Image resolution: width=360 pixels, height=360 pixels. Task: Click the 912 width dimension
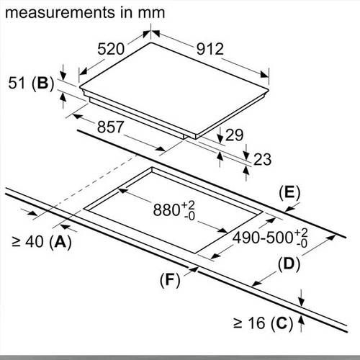[210, 49]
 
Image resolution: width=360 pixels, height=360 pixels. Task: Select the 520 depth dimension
[111, 49]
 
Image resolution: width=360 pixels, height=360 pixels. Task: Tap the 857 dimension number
[110, 127]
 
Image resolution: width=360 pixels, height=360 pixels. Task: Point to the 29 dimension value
[235, 135]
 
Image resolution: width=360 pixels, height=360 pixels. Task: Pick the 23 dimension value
[262, 159]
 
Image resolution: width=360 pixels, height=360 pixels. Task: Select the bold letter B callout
[42, 84]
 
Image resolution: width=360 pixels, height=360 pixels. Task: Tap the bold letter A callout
[60, 241]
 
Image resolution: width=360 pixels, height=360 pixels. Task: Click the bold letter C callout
[282, 323]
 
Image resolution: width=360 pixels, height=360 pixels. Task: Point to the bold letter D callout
[289, 264]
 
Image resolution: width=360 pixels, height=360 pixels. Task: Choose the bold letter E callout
[289, 193]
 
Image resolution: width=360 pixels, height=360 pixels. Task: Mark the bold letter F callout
[170, 280]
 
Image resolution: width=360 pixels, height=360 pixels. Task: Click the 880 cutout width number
[166, 210]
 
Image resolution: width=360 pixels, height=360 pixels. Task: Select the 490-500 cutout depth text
[263, 238]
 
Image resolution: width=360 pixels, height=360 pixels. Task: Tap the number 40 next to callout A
[35, 242]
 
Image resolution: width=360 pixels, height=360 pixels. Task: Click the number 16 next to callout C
[256, 323]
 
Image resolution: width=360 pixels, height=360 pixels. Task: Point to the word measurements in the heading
[60, 13]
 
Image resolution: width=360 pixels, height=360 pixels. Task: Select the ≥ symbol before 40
[17, 243]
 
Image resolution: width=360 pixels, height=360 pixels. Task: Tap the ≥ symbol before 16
[238, 323]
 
